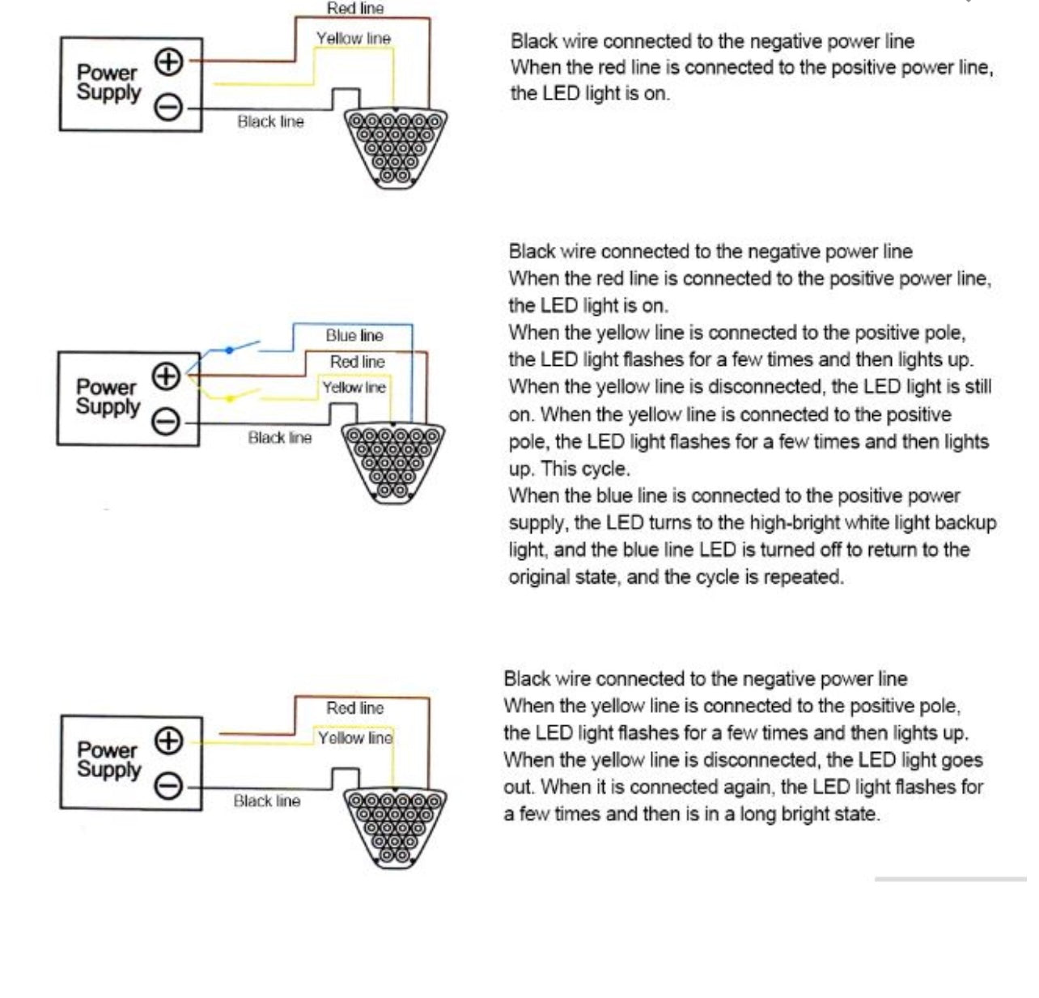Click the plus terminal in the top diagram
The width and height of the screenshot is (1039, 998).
point(169,62)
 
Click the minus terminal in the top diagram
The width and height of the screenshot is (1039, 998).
point(169,108)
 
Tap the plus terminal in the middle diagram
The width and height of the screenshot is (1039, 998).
point(166,376)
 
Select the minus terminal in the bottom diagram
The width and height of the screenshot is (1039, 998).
point(169,786)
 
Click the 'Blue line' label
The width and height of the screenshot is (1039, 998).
point(354,335)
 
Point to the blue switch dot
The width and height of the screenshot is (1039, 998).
point(229,350)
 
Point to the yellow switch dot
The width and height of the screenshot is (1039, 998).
point(230,398)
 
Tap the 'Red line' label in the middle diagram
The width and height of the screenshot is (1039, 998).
point(357,362)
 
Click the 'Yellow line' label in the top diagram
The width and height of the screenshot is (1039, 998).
point(354,38)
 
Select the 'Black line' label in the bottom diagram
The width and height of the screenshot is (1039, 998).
point(267,801)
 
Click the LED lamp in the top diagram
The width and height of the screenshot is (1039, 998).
point(395,148)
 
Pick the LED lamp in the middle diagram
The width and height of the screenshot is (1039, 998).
point(393,463)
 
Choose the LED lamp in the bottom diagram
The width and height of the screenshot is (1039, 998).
point(395,828)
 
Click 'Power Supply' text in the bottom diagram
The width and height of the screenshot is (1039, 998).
point(109,760)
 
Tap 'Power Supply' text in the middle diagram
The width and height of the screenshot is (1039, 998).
point(108,397)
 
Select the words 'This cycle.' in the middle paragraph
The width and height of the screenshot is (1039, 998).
point(586,469)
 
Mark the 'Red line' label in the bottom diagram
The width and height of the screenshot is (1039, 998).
point(355,708)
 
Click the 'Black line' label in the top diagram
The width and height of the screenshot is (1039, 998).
point(271,121)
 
